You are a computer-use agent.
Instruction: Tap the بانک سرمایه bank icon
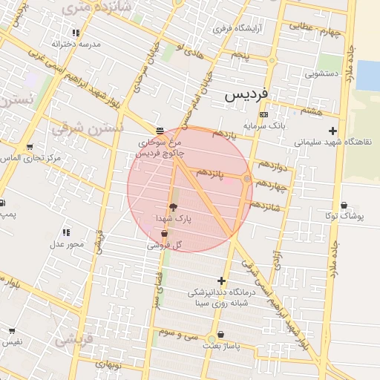click(x=264, y=114)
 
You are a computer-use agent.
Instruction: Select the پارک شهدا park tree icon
click(x=174, y=208)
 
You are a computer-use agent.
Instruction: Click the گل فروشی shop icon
click(x=164, y=234)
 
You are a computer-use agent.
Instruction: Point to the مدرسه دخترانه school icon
click(x=76, y=33)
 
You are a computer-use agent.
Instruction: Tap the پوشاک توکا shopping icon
click(x=344, y=205)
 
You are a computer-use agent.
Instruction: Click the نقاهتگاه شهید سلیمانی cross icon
click(x=332, y=131)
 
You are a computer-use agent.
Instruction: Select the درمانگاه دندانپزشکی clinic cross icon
click(x=220, y=281)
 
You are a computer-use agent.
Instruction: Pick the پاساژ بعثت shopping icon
click(x=221, y=335)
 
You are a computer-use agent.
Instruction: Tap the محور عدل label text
click(x=67, y=244)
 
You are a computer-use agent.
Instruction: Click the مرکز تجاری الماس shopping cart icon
click(x=30, y=147)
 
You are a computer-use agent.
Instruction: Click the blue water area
click(x=367, y=75)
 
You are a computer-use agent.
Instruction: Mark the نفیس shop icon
click(x=12, y=330)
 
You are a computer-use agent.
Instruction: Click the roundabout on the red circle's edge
click(x=247, y=179)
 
